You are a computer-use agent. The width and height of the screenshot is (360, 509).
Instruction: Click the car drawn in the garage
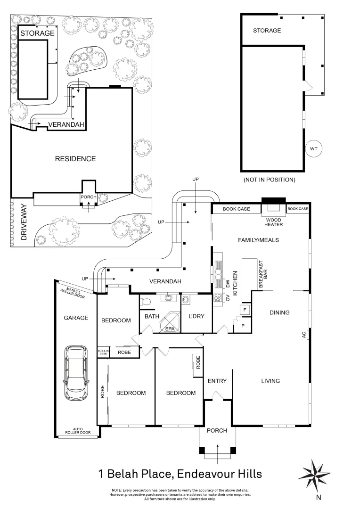coord(76,372)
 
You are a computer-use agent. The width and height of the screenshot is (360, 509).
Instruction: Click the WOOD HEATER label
coord(273,222)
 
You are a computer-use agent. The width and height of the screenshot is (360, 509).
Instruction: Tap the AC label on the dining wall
coord(304,335)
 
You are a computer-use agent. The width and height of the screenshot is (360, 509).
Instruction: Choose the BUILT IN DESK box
coord(103,352)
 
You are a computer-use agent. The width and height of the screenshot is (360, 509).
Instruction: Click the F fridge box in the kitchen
coord(245,310)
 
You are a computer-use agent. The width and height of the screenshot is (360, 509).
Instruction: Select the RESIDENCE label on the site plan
coord(75,159)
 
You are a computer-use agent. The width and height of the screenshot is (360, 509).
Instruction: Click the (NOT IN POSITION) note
coord(269,180)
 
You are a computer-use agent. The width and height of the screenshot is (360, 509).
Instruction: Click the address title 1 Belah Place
coord(180,473)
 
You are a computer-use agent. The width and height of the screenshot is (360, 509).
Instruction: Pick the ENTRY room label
coord(217,381)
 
